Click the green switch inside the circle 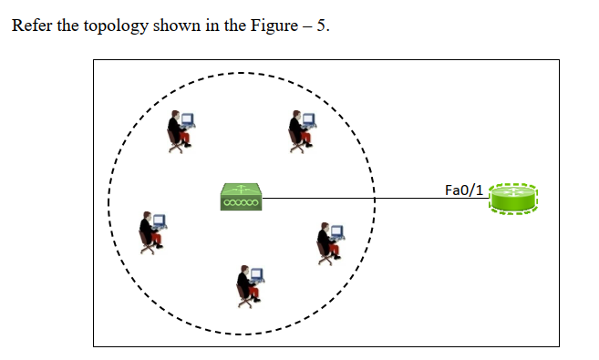click(x=242, y=197)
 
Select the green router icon click(x=514, y=198)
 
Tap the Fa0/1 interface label click(x=463, y=190)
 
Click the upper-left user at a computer click(x=180, y=130)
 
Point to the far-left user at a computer click(x=151, y=231)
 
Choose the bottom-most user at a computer click(x=248, y=283)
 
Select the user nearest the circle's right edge click(x=329, y=241)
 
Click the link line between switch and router click(x=365, y=198)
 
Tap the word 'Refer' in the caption click(x=31, y=26)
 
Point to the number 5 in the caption click(x=321, y=26)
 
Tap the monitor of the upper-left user click(x=189, y=119)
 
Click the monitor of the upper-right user click(x=309, y=119)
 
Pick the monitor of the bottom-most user click(x=257, y=273)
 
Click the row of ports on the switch click(x=242, y=202)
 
